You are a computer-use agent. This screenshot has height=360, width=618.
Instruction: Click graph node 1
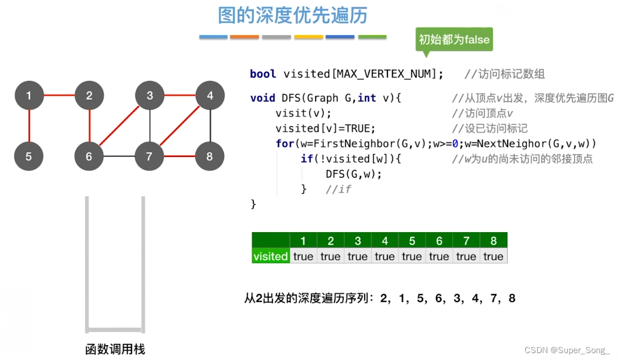[28, 96]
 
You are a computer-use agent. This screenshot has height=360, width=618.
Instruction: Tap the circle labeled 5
[28, 156]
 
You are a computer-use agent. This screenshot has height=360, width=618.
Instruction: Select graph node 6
[89, 156]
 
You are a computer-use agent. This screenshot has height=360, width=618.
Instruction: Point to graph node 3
[150, 96]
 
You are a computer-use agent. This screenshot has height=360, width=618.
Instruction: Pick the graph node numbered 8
[210, 156]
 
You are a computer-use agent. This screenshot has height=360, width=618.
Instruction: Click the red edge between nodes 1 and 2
[59, 96]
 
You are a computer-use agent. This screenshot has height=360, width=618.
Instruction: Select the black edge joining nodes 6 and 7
[119, 157]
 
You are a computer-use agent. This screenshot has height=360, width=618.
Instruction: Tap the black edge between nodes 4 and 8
[210, 126]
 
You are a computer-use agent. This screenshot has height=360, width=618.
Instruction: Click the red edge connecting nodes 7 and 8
[180, 157]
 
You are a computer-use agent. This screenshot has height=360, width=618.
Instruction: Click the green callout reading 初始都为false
[454, 40]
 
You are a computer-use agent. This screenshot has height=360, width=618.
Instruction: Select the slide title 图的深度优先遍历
[292, 16]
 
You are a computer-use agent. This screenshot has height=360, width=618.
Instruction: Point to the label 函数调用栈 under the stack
[115, 349]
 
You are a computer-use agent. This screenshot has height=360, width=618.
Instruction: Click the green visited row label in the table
[270, 257]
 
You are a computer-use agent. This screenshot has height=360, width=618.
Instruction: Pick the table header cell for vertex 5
[412, 241]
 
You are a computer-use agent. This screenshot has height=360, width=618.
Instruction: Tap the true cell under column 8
[493, 257]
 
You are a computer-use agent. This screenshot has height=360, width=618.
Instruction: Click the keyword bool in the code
[263, 74]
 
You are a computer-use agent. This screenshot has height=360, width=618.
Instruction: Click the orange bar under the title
[245, 37]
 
